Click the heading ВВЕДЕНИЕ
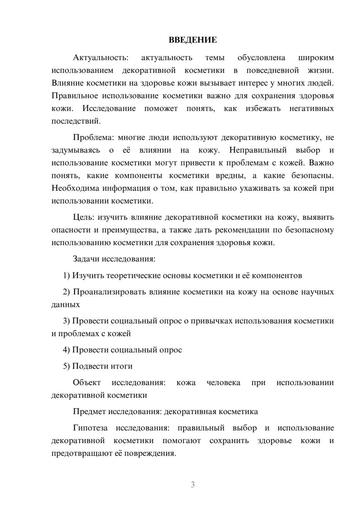pos(193,40)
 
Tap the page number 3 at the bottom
pos(193,485)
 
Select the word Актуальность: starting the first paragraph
pos(100,58)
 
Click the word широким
pos(316,58)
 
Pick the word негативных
pos(311,108)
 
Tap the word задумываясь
pos(76,150)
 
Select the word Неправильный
pos(258,150)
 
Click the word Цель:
pos(84,217)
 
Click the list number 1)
pos(67,276)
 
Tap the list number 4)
pos(67,350)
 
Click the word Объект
pos(87,383)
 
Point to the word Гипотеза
pos(90,428)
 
